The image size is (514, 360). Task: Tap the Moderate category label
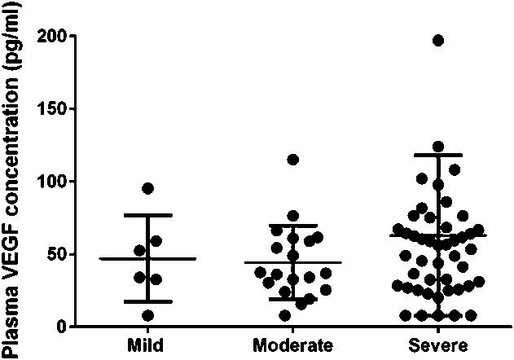tap(292, 344)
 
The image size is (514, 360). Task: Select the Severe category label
tap(438, 344)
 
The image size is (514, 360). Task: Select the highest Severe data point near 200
tap(438, 40)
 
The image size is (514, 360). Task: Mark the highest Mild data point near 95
tap(148, 188)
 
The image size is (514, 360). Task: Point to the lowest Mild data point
tap(147, 315)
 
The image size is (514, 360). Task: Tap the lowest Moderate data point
tap(284, 315)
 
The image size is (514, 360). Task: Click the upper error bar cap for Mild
tap(147, 215)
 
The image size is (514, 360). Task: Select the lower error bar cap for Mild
tap(147, 301)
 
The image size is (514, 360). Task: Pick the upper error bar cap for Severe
tap(438, 155)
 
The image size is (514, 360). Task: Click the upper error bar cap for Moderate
tap(292, 225)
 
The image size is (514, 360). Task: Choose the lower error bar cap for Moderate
tap(292, 299)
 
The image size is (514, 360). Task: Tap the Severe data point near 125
tap(438, 147)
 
